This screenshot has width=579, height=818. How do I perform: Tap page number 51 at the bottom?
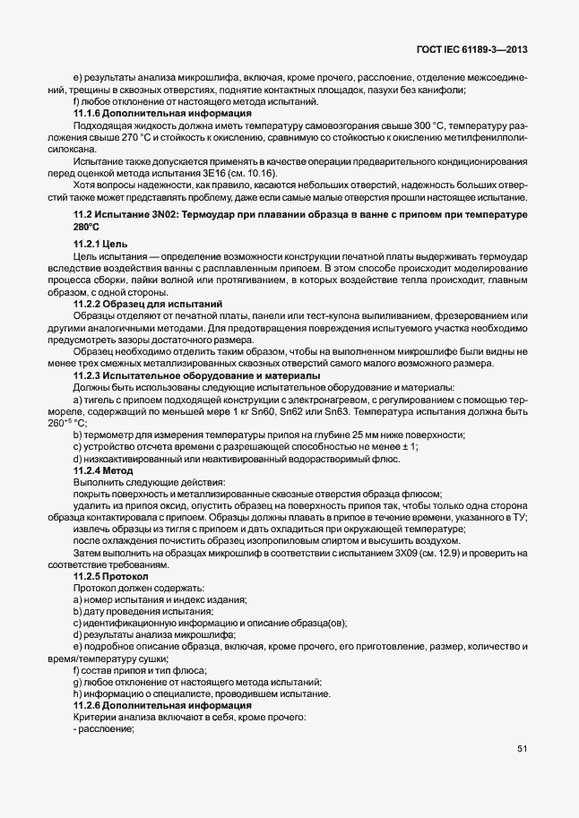(x=522, y=748)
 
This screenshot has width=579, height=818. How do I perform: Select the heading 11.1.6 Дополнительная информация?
(x=150, y=115)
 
